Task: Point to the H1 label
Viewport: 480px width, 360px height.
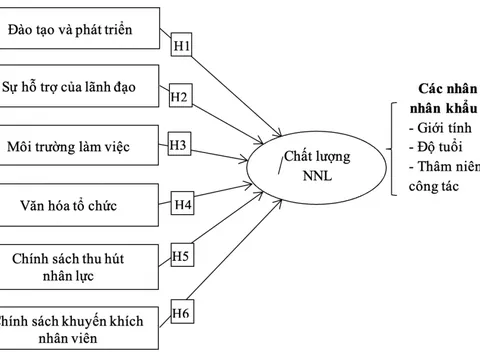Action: (184, 47)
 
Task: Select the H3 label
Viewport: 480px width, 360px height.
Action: (178, 145)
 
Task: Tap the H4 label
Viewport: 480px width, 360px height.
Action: (183, 206)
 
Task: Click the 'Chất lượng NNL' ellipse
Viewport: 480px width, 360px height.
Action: (311, 161)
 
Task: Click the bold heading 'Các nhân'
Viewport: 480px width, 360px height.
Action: (446, 89)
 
